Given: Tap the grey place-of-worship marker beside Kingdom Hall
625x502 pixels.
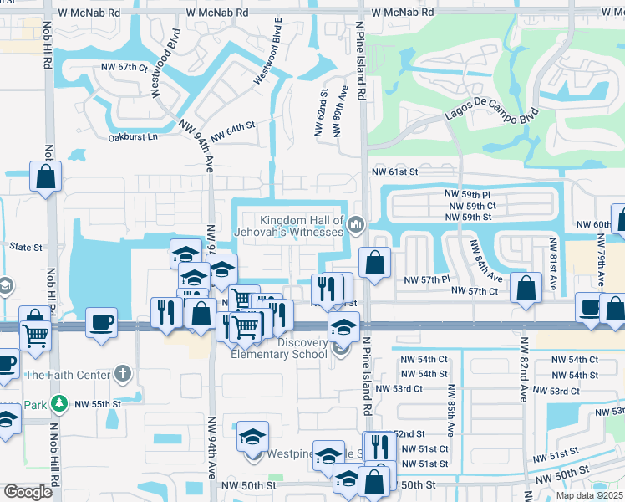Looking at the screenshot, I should (357, 223).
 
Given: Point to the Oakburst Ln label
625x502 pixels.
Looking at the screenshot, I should (135, 136).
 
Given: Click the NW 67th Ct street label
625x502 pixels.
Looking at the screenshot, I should (124, 67).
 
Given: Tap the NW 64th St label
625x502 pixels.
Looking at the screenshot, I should (231, 132).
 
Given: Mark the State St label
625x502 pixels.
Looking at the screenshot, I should (25, 248).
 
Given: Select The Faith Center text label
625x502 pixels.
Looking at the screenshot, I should (67, 374).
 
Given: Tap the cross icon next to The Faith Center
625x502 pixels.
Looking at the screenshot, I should (122, 373).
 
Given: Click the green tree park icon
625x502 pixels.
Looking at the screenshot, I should (59, 404).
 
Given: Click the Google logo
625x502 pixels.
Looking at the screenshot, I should (28, 492).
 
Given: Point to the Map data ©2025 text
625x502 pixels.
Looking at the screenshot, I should (590, 495).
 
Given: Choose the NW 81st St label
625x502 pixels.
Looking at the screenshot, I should (552, 264).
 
